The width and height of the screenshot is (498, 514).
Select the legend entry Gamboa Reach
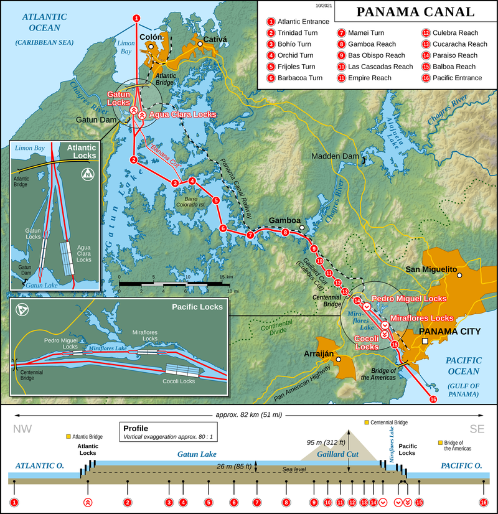(372, 44)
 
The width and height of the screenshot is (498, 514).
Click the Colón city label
(151, 36)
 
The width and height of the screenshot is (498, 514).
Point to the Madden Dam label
(331, 156)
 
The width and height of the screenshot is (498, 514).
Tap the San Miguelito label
(431, 270)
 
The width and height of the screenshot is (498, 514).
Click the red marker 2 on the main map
(133, 160)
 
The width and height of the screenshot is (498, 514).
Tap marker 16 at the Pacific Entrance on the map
(433, 400)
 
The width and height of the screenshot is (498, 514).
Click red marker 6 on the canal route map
(223, 228)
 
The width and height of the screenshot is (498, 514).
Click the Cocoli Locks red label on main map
(367, 342)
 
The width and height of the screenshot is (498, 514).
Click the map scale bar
(171, 285)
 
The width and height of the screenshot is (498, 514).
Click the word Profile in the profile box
(136, 428)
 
